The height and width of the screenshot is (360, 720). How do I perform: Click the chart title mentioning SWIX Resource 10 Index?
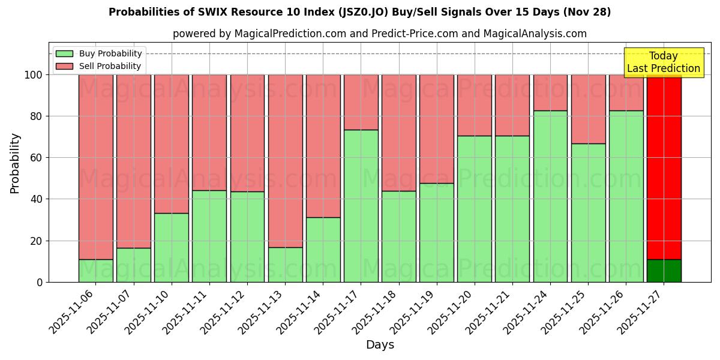click(x=359, y=12)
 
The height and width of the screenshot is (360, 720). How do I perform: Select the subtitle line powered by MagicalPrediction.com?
click(x=379, y=34)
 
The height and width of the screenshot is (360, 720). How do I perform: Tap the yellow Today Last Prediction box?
click(x=663, y=62)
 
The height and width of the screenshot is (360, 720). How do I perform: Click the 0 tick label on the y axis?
click(x=40, y=282)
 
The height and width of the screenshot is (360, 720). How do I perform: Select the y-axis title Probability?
click(x=15, y=163)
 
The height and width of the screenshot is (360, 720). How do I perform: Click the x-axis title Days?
click(x=380, y=345)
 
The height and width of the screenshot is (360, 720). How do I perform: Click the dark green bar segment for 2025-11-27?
click(x=664, y=271)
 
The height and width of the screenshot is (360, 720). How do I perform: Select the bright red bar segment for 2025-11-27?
click(x=664, y=167)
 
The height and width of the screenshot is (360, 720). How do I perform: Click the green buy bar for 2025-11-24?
click(x=550, y=196)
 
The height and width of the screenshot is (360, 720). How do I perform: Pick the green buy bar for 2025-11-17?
click(x=361, y=206)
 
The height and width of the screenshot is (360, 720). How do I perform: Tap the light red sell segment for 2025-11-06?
click(x=96, y=167)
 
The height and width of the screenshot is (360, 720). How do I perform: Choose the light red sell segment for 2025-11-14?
click(x=323, y=146)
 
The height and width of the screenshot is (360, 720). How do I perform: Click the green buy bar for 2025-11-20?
click(x=474, y=209)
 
